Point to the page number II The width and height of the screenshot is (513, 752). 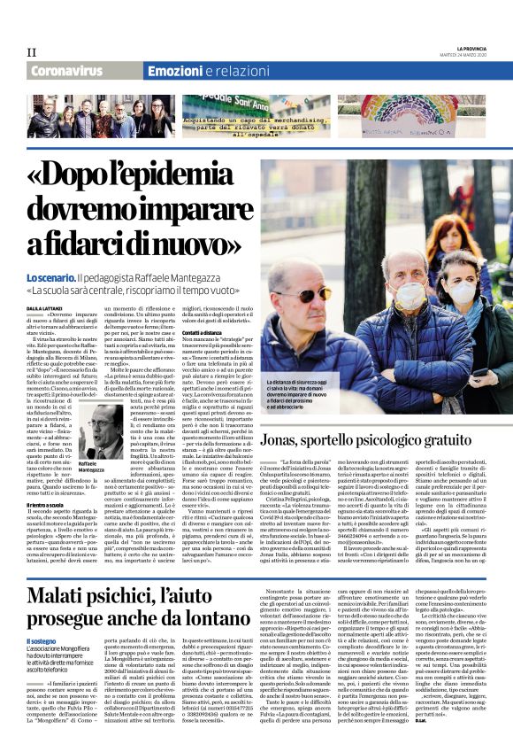pyautogui.click(x=31, y=51)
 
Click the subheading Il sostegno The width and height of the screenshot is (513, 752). pyautogui.click(x=40, y=640)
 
